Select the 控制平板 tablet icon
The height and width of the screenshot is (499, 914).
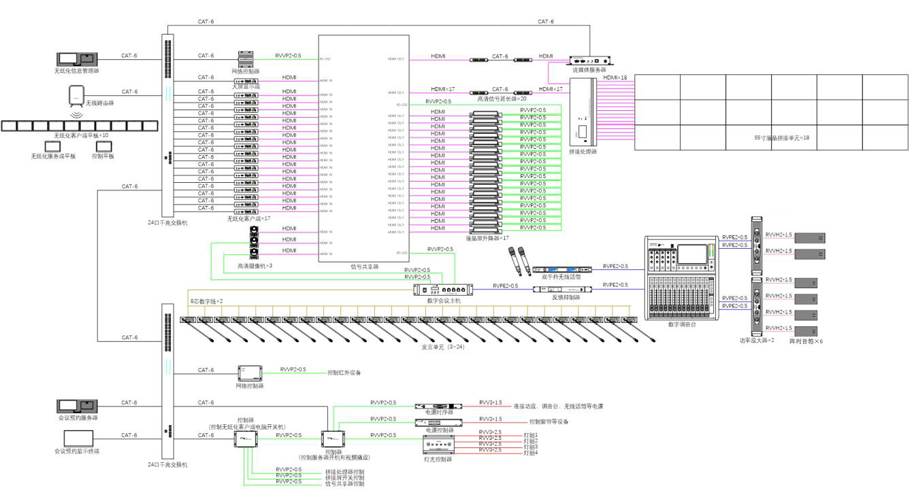103,146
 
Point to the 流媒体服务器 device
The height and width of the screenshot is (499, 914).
589,61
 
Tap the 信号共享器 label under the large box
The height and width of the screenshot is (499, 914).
364,266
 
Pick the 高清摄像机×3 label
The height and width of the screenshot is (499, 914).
255,265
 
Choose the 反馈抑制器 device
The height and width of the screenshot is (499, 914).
560,290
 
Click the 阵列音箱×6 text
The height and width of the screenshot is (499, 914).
806,340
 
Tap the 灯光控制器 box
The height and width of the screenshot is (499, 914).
438,445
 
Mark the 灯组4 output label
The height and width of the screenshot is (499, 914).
530,453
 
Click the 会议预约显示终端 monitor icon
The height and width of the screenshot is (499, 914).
78,438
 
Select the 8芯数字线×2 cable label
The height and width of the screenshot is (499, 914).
206,300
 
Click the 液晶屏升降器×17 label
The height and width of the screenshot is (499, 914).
487,238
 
